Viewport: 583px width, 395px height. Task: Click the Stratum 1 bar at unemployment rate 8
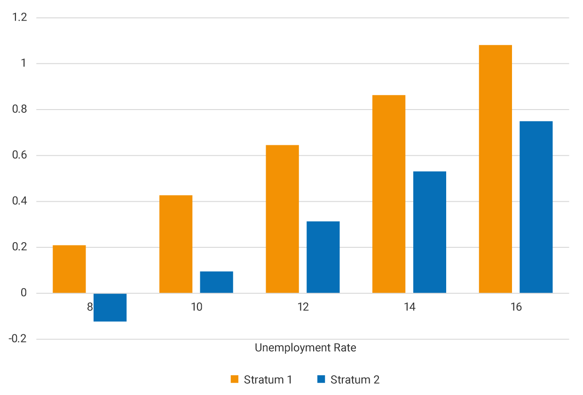69,269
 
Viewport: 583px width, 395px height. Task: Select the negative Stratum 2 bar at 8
110,308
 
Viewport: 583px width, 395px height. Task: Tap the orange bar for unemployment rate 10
176,244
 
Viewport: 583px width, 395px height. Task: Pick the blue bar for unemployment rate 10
216,282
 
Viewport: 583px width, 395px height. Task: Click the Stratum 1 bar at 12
282,219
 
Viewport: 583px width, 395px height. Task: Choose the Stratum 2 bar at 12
323,257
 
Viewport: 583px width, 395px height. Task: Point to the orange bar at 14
389,194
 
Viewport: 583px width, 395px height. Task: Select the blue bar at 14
430,232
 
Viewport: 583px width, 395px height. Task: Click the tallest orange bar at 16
495,169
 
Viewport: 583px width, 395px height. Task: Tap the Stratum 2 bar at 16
536,207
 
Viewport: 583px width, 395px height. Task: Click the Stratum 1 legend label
268,380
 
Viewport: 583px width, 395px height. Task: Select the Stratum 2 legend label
355,380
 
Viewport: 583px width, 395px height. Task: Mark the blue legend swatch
322,379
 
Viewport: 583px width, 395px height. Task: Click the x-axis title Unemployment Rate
305,348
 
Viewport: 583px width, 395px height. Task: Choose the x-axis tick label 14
410,308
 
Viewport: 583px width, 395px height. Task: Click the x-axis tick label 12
303,308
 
